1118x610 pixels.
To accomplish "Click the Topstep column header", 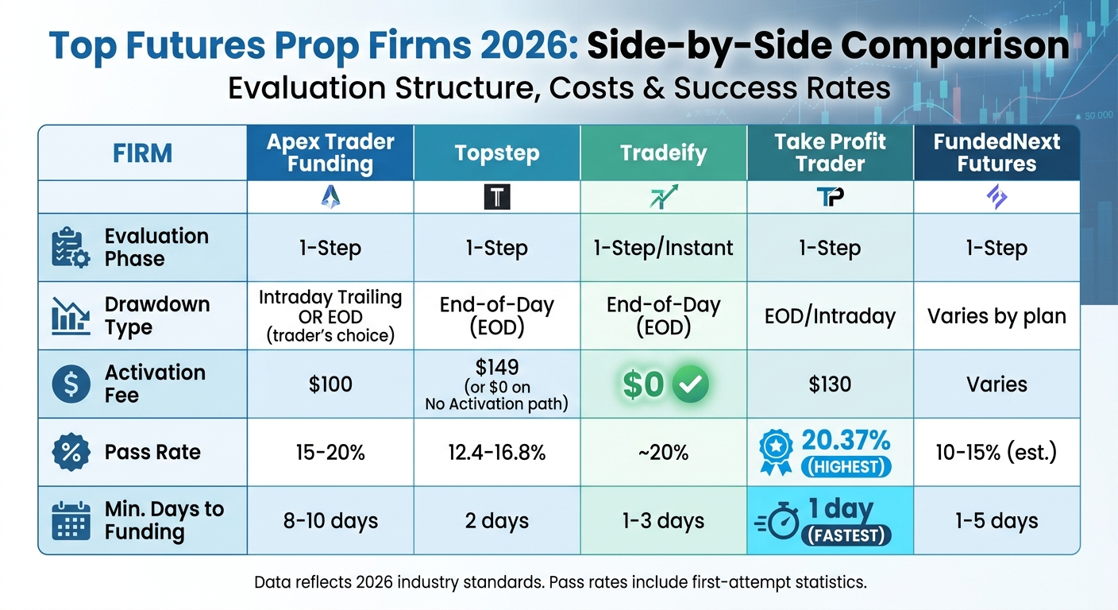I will coord(496,152).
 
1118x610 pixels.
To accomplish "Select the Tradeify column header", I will coord(663,152).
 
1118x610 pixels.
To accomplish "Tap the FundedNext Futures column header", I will coord(997,152).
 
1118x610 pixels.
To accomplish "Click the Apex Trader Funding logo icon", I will coord(330,197).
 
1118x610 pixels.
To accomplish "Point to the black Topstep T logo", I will coord(496,197).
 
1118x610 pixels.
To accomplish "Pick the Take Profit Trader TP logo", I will coord(830,197).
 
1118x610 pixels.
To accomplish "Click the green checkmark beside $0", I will coord(690,385).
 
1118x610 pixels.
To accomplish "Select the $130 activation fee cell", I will coord(830,385).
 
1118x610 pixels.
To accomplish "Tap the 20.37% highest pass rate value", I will coord(846,440).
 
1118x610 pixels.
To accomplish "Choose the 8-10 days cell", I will coord(330,521).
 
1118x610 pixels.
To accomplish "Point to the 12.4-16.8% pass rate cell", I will coord(496,453).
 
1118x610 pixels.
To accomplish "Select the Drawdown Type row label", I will coord(157,315).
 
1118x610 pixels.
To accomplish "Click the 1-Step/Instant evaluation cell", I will coord(663,248).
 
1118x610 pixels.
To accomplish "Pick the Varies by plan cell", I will coord(997,316).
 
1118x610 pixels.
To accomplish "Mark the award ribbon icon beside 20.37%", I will coord(776,453).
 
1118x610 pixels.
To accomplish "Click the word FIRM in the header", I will coord(143,152).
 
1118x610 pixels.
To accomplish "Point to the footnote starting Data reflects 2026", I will coord(560,582).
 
